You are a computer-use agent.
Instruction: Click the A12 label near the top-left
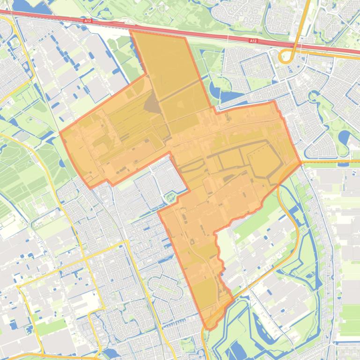coord(88,21)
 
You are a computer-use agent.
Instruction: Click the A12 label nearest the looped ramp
coord(253,41)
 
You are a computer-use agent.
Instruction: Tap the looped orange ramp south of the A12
coord(286,57)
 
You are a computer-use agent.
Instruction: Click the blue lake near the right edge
coord(344,137)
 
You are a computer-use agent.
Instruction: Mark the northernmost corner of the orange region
coord(131,31)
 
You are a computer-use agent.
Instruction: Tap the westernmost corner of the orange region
coord(60,133)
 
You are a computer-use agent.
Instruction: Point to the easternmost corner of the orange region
coord(301,163)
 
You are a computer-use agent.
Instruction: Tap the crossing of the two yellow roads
coord(127,242)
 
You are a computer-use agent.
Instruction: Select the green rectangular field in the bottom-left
coord(49,327)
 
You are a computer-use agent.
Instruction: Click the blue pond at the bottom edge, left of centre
coord(113,353)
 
